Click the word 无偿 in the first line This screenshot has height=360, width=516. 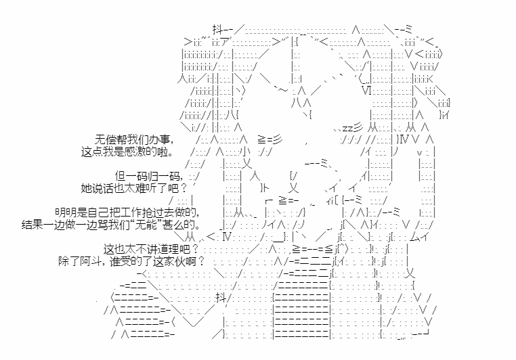pos(106,139)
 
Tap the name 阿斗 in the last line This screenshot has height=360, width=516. pos(90,261)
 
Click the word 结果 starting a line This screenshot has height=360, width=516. pos(33,225)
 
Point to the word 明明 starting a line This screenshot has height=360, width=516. pos(66,212)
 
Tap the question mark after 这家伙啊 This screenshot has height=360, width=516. pos(200,261)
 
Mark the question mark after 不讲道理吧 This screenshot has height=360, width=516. pos(195,249)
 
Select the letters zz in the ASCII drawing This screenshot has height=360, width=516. pos(347,128)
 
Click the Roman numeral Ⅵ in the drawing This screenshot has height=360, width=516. pos(366,90)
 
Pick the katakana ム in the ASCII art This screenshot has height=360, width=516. pos(416,237)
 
